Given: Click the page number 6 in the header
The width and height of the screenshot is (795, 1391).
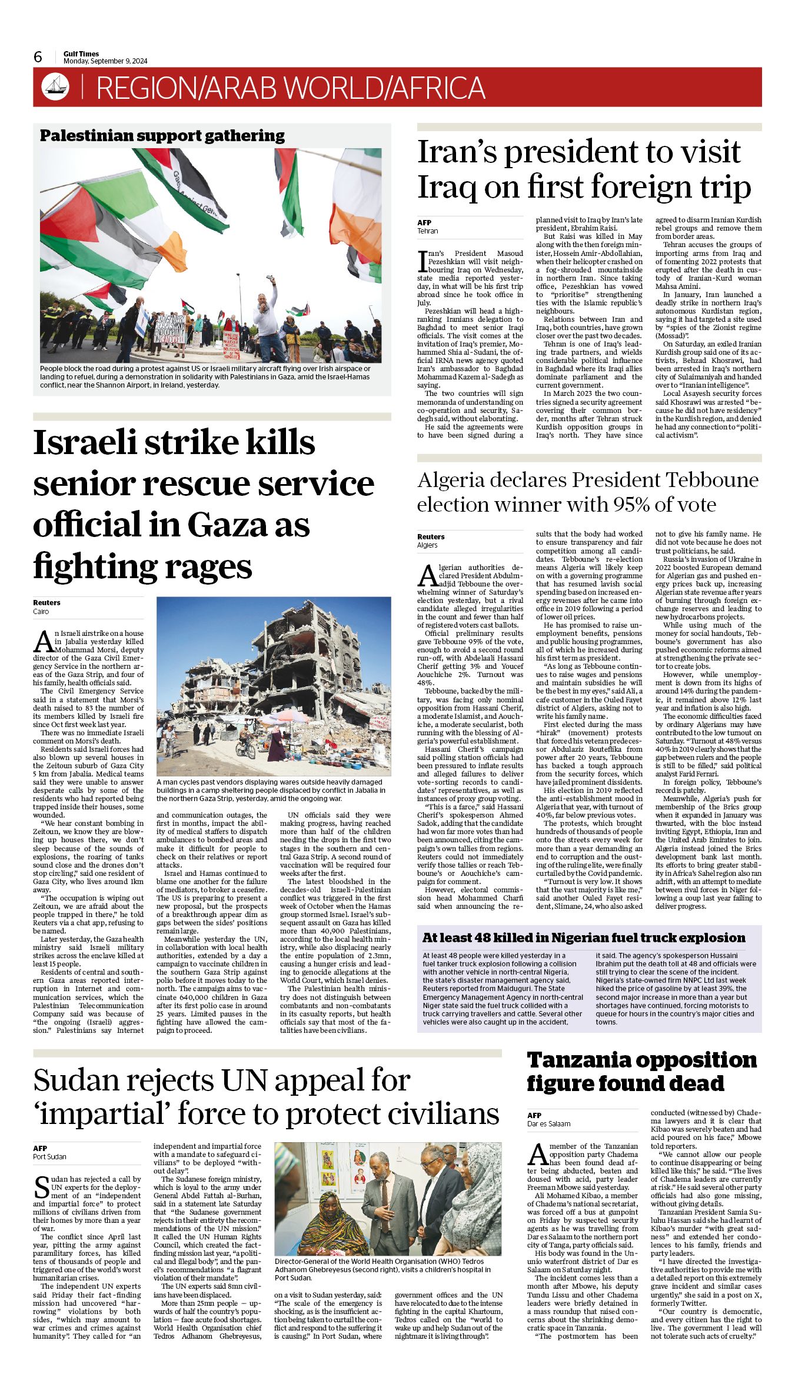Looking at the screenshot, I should click(x=38, y=57).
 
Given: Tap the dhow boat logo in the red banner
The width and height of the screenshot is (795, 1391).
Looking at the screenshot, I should click(x=55, y=87).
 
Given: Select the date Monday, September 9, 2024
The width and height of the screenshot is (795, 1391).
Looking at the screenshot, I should click(x=105, y=61).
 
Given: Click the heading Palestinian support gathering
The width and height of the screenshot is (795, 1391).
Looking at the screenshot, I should click(x=162, y=136).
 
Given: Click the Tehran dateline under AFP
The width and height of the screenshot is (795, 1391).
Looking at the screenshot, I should click(x=428, y=231).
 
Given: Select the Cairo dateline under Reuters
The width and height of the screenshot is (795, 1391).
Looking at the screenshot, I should click(x=41, y=611).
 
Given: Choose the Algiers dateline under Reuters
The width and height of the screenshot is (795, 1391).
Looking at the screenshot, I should click(x=427, y=545).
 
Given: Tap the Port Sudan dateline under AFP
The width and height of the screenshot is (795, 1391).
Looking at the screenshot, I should click(x=49, y=1156).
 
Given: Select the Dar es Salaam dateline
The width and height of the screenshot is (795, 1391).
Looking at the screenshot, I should click(x=548, y=1123).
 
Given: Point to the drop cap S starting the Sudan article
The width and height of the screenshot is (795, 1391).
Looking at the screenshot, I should click(x=41, y=1187).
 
